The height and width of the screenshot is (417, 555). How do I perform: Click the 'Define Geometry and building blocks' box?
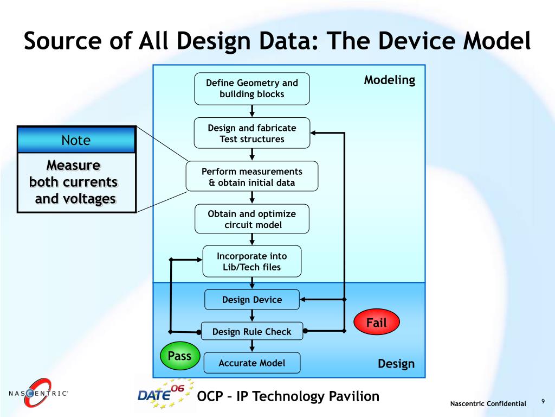pos(252,89)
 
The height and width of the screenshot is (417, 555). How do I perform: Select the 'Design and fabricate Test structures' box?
pos(252,134)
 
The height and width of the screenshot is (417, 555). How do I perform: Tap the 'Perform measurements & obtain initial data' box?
pos(252,177)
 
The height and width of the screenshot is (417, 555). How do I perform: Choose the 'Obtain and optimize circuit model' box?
pos(252,219)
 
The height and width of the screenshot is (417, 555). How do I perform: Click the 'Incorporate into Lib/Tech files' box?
pos(252,261)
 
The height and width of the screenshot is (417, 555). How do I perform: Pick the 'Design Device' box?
pos(252,300)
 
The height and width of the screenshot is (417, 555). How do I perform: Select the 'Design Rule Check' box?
pos(252,331)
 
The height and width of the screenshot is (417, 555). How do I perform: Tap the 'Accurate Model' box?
pos(252,363)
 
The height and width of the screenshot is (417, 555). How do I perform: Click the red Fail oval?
pos(377,323)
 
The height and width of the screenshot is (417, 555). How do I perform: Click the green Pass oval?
pos(180,356)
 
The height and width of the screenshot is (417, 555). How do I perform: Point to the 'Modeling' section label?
pos(389,80)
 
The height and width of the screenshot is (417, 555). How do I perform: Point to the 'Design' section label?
pos(396,364)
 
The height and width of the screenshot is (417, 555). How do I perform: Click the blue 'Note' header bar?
pos(76,140)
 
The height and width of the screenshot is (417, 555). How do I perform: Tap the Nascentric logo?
pos(38,393)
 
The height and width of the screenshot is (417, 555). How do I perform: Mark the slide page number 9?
pos(542,401)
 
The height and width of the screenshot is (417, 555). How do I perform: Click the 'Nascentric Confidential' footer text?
pos(488,403)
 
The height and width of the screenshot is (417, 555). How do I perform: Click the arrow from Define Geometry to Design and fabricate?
pos(252,111)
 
